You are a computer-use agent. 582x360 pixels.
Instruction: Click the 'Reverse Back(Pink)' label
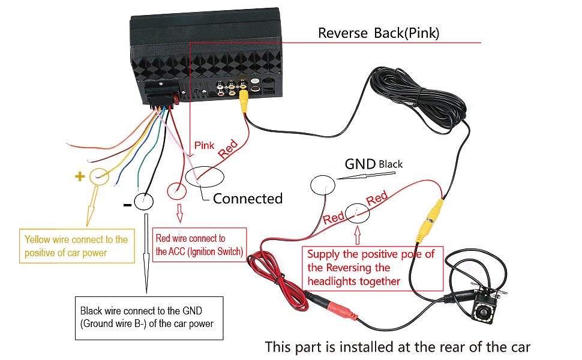pyautogui.click(x=378, y=33)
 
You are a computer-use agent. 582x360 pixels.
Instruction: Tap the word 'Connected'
pyautogui.click(x=247, y=199)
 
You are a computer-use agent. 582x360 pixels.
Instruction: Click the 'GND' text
pyautogui.click(x=360, y=164)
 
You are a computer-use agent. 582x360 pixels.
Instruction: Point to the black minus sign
pyautogui.click(x=127, y=204)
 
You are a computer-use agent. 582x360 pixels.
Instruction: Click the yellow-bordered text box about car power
pyautogui.click(x=76, y=246)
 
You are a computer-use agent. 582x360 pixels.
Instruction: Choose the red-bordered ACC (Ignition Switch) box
pyautogui.click(x=200, y=245)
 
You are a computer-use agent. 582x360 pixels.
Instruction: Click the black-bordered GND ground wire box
pyautogui.click(x=148, y=318)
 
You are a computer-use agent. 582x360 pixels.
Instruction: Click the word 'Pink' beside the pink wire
pyautogui.click(x=204, y=145)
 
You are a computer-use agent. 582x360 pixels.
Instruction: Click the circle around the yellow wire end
pyautogui.click(x=98, y=176)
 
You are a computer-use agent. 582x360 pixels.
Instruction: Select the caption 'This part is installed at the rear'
pyautogui.click(x=397, y=347)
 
